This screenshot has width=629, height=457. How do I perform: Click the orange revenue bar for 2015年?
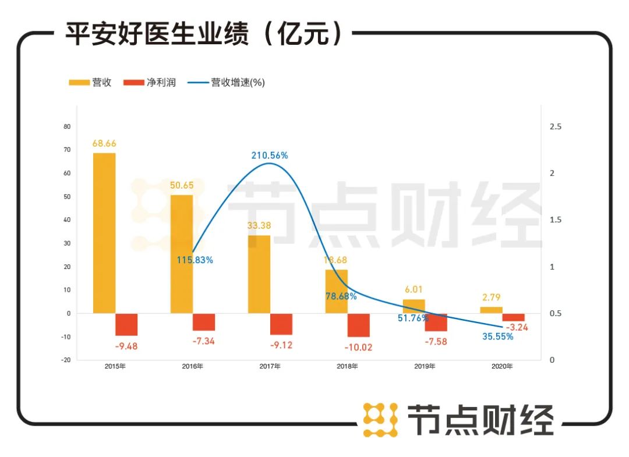coord(104,233)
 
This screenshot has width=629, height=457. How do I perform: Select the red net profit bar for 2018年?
coord(358,325)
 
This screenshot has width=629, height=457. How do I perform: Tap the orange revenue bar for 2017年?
coord(259,274)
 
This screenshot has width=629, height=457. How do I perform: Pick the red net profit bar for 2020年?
coord(513,317)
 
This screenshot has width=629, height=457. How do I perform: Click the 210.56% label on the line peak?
coord(270,155)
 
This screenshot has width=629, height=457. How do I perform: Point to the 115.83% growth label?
coord(195,260)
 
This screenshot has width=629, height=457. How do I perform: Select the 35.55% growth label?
coord(498,336)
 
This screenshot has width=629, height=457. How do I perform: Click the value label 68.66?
coord(104,143)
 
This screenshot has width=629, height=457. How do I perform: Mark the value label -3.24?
coord(517,327)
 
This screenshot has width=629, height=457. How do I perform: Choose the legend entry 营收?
coord(90,82)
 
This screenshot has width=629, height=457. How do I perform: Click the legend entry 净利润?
coord(150,82)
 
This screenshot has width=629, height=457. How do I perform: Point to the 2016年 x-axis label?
coord(193,366)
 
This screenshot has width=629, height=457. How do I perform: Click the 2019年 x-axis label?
coord(425,366)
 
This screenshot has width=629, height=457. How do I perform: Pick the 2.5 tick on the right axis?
coord(556,126)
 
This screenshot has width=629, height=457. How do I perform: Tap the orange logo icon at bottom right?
coord(380,419)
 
